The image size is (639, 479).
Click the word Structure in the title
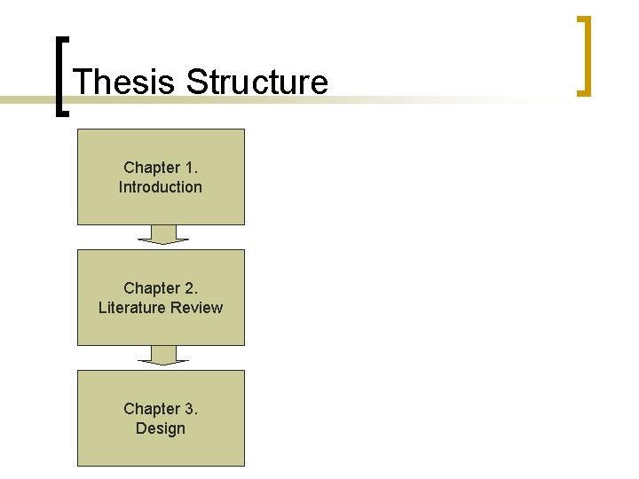click(257, 82)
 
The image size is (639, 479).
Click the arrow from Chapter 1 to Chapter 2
click(163, 235)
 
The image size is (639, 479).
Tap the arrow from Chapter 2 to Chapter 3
click(163, 356)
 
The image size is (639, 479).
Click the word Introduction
click(161, 187)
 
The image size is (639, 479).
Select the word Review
click(198, 308)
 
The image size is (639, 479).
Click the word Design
click(161, 428)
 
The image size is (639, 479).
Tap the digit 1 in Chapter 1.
click(189, 168)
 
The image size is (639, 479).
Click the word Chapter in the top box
click(151, 168)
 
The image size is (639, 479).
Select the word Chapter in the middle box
click(151, 288)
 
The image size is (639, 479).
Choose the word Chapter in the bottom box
click(151, 409)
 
